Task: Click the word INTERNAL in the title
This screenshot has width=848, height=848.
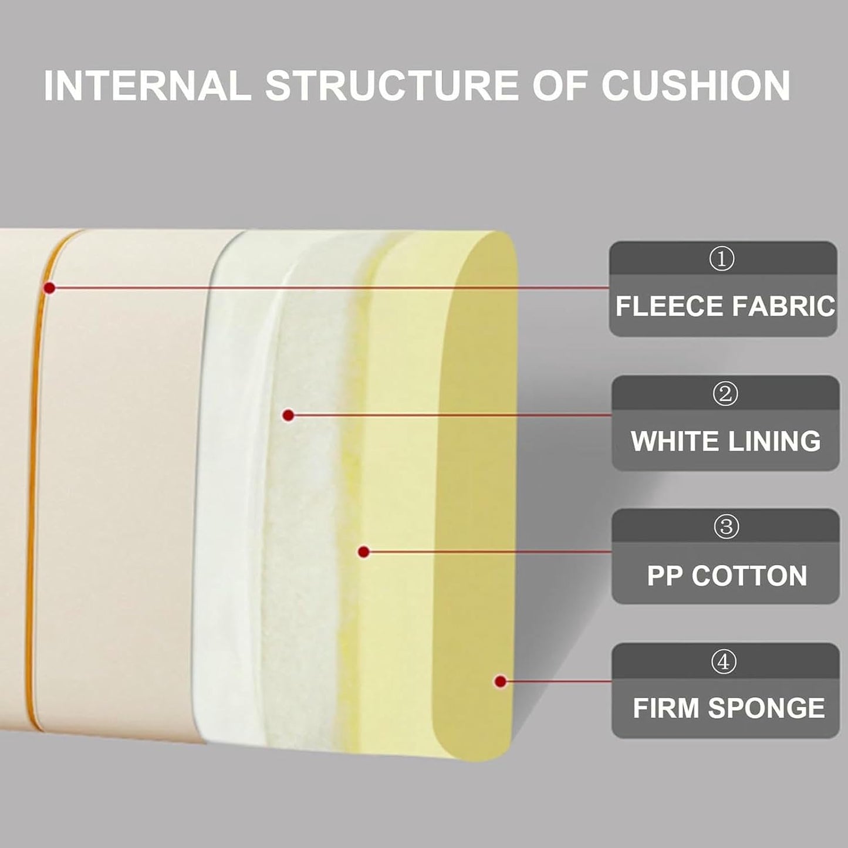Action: click(148, 85)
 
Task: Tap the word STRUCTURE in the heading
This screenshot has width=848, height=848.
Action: click(391, 85)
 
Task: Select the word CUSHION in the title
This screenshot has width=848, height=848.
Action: click(696, 85)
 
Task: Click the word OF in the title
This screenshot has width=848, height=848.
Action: click(560, 85)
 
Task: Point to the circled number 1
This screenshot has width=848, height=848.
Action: click(722, 260)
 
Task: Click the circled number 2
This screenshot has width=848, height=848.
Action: click(725, 394)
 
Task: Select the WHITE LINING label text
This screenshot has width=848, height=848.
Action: click(726, 441)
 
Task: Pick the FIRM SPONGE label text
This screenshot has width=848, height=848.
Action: click(729, 708)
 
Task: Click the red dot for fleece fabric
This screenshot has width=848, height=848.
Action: click(50, 288)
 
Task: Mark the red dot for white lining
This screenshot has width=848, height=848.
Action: click(288, 415)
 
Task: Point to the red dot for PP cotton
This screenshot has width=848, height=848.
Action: click(363, 552)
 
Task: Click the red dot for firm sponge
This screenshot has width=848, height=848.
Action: click(500, 682)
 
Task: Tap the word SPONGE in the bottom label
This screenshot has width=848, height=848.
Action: click(766, 708)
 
